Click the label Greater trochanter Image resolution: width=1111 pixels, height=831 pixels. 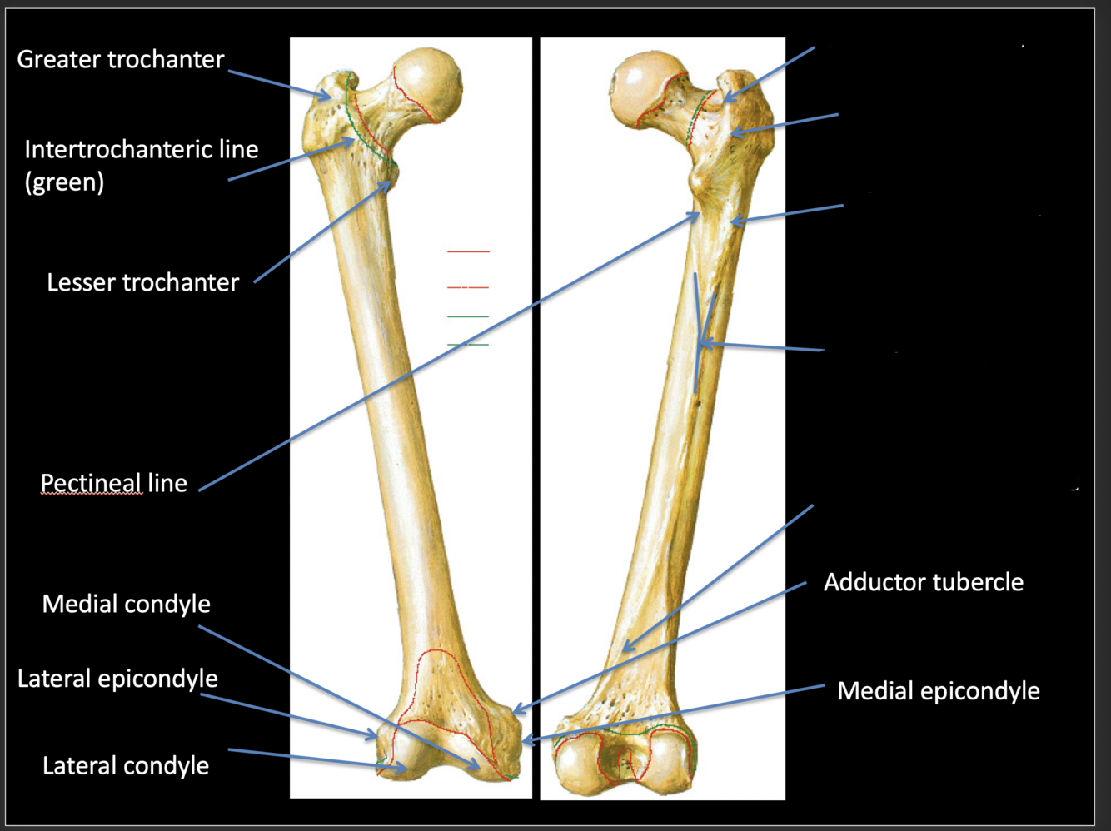[x=121, y=59]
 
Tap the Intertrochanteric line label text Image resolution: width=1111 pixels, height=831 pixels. [x=141, y=149]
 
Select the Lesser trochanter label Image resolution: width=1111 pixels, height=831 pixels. [x=142, y=282]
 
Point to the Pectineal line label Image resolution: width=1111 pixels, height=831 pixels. [x=114, y=483]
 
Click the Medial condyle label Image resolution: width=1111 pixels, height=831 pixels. [x=126, y=604]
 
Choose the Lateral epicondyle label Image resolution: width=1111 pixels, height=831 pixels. [x=117, y=679]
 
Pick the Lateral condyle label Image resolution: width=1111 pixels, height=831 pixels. [x=126, y=765]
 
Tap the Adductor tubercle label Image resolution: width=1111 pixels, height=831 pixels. [x=923, y=582]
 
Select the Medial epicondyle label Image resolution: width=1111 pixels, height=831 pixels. [x=938, y=690]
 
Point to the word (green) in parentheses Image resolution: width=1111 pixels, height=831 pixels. [x=64, y=182]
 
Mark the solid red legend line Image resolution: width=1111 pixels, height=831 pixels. [x=468, y=251]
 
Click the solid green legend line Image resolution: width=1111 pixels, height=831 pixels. [x=468, y=316]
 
